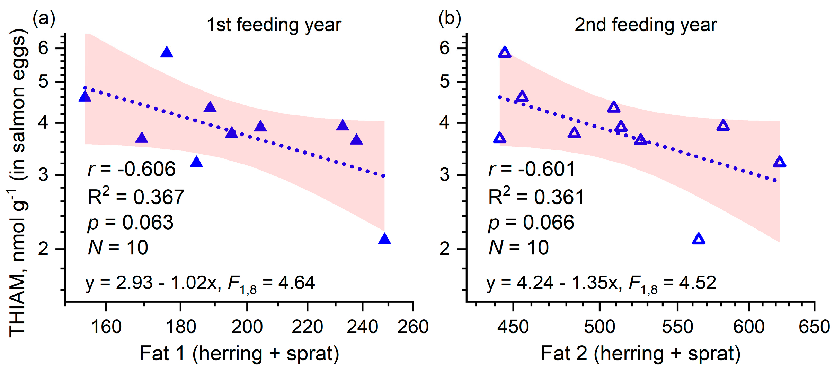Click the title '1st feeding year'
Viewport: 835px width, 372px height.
tap(274, 25)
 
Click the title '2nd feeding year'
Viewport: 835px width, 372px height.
tap(646, 25)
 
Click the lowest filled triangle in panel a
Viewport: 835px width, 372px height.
tap(384, 239)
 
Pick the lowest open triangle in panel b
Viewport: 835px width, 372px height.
tap(699, 239)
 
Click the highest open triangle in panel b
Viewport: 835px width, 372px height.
tap(505, 53)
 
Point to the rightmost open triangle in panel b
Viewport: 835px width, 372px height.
tap(779, 162)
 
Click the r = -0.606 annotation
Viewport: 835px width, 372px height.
tap(132, 169)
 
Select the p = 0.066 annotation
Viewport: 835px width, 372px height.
tap(531, 223)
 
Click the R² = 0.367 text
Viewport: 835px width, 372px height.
tap(136, 196)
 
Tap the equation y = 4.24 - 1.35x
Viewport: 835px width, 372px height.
tap(551, 283)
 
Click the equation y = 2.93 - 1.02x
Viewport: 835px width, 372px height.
tap(152, 283)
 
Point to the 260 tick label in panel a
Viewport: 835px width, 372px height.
tap(413, 327)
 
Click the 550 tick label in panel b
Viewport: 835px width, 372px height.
tap(677, 327)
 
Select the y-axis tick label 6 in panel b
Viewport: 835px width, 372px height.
tap(444, 48)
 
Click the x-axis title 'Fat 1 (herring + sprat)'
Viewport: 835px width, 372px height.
tap(239, 354)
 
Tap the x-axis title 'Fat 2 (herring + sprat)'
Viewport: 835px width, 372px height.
tap(640, 354)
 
